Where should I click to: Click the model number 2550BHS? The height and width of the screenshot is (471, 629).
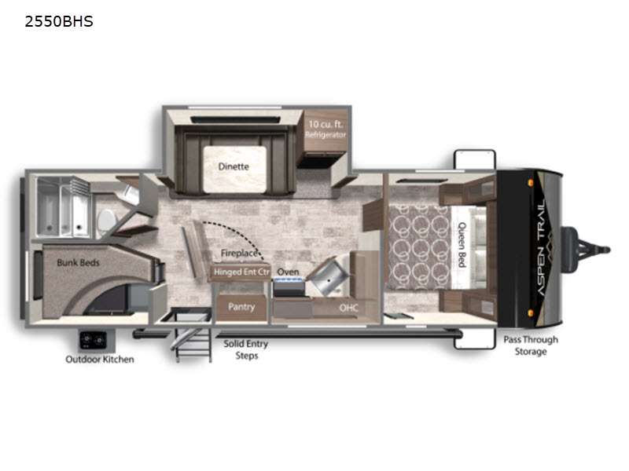point(59,21)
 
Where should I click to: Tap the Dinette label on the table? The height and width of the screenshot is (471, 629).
point(234,166)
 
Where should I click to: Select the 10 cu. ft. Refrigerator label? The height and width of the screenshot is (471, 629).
point(326,129)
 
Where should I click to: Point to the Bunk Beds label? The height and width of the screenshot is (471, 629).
point(78,263)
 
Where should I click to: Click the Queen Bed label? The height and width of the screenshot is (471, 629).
point(462,245)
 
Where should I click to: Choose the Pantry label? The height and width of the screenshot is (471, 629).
point(241,307)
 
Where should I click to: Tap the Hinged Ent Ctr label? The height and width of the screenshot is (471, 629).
point(241,272)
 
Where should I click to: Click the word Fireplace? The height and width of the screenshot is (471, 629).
point(239,253)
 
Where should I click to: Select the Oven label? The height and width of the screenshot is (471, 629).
point(288,272)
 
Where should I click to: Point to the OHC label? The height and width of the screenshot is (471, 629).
point(349,308)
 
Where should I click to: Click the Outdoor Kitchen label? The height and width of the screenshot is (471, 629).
point(100,360)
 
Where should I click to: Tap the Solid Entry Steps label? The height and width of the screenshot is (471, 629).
point(246,349)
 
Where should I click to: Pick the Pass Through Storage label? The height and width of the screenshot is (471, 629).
point(531,345)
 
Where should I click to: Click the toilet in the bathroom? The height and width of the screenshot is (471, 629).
point(107,221)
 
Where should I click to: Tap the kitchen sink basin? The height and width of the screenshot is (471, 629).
point(328,276)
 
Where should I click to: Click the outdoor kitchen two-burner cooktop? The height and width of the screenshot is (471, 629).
point(94,340)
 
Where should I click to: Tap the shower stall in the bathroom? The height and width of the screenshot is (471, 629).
point(63,207)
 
